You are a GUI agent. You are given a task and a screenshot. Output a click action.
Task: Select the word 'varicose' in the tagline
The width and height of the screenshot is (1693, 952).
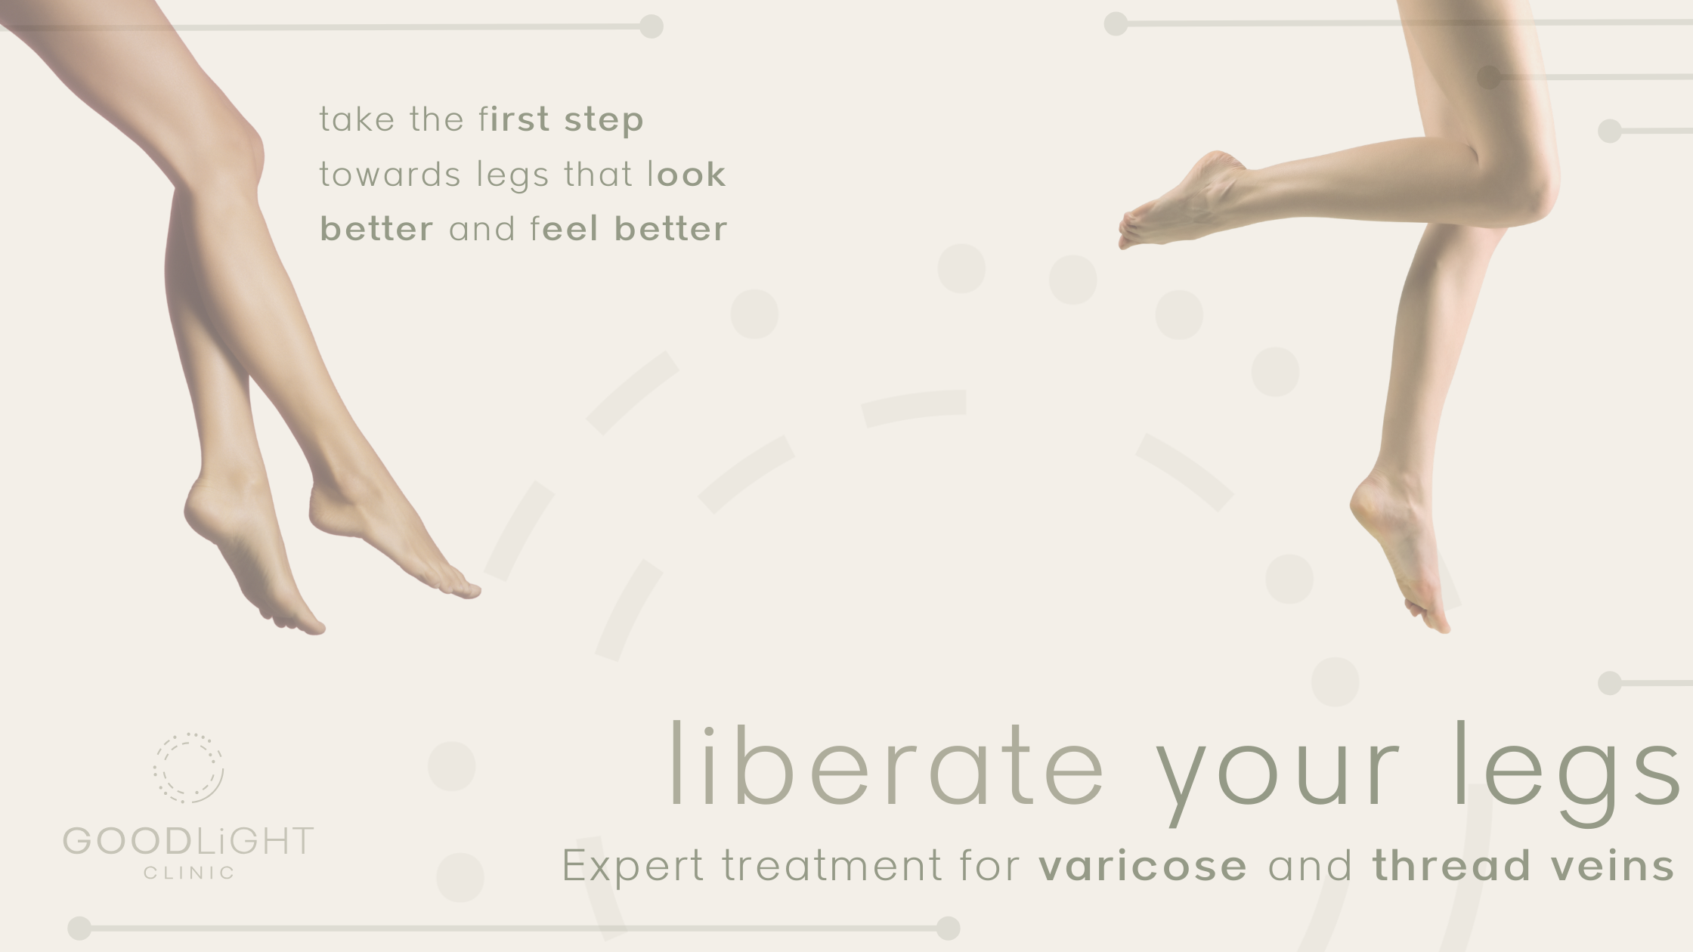tap(1143, 866)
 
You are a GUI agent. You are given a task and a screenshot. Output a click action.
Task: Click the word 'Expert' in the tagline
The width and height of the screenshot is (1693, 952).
tap(633, 866)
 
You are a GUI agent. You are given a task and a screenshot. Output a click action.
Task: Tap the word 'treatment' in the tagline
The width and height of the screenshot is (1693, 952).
tap(832, 866)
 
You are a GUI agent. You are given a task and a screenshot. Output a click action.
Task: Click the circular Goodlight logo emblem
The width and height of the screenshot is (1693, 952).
tap(189, 768)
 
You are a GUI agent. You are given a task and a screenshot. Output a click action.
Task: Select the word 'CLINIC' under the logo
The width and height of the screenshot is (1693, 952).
tap(189, 873)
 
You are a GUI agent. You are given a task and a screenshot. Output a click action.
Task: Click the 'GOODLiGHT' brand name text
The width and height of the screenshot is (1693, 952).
tap(188, 841)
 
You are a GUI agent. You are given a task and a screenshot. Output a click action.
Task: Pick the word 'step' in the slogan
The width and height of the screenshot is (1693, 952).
tap(604, 120)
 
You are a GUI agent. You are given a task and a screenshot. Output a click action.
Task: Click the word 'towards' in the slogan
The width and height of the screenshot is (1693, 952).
tap(390, 175)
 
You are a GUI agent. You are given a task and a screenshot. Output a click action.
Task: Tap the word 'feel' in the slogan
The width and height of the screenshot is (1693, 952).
tap(564, 229)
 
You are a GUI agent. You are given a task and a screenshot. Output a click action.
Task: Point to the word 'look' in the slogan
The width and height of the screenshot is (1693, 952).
tap(687, 175)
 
